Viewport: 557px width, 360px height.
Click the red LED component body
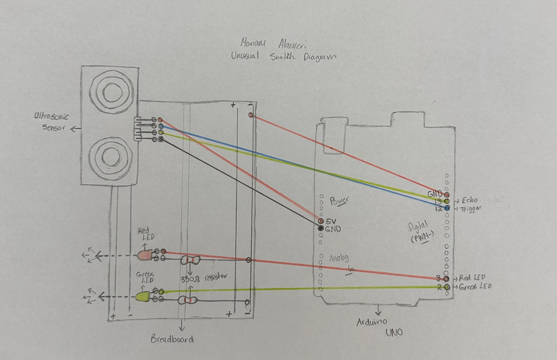click(145, 255)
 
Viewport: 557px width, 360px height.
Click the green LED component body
click(142, 296)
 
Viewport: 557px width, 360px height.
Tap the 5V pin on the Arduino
click(321, 221)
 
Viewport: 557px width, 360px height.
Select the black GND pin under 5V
click(321, 229)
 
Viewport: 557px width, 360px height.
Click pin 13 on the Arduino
click(446, 201)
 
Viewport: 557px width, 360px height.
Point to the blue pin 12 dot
click(446, 208)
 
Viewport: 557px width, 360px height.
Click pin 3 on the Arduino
click(446, 278)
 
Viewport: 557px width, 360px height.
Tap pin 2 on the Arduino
click(446, 287)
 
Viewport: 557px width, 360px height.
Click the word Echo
click(471, 200)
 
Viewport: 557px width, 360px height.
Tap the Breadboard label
click(172, 339)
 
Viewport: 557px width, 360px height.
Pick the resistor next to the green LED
click(188, 300)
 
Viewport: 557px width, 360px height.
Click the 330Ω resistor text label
click(204, 278)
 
